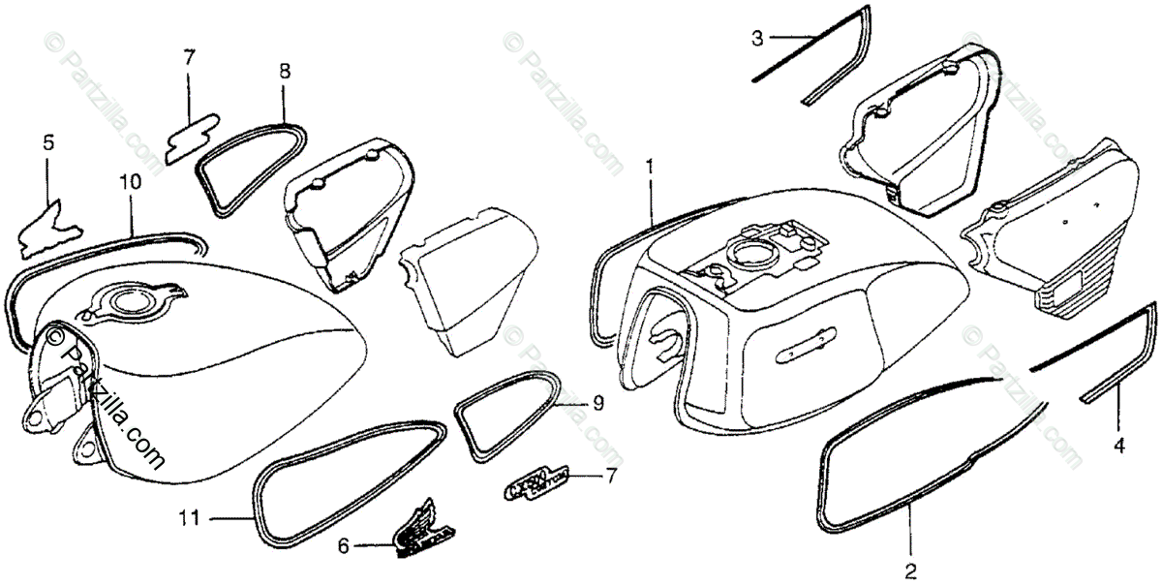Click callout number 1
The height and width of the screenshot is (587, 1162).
pos(650,166)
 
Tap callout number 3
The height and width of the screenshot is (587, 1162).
pos(758,38)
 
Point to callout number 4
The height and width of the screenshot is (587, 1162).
pos(1119,447)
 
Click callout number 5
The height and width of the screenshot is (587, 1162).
pos(47,143)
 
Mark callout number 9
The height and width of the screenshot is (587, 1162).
pos(597,403)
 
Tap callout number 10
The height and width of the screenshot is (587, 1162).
pos(130,180)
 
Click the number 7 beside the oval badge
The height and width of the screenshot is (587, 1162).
pos(610,475)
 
